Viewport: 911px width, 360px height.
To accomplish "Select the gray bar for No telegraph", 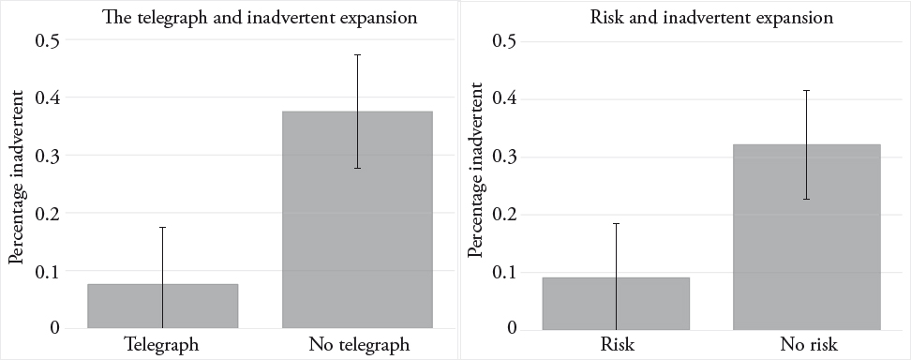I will [x=358, y=220].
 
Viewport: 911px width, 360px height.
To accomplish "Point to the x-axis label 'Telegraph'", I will [x=162, y=345].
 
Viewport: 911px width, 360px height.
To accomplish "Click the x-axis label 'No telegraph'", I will [x=359, y=345].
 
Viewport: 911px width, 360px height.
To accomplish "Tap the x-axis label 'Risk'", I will [x=616, y=345].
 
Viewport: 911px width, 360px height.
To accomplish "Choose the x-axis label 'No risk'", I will [x=806, y=345].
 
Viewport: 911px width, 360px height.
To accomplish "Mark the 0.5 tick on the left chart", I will [x=48, y=41].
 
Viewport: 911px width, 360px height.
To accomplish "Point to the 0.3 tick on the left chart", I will [x=48, y=157].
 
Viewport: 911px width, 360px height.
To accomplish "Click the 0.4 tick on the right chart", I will [x=506, y=99].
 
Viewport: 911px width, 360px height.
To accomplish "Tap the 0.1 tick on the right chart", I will [x=506, y=273].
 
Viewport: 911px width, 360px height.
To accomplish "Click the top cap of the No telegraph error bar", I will [x=358, y=55].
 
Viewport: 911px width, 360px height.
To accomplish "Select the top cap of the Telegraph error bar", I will [x=162, y=228].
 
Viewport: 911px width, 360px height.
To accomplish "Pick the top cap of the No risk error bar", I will [x=806, y=91].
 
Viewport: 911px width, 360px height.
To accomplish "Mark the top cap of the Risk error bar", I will [x=616, y=224].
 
